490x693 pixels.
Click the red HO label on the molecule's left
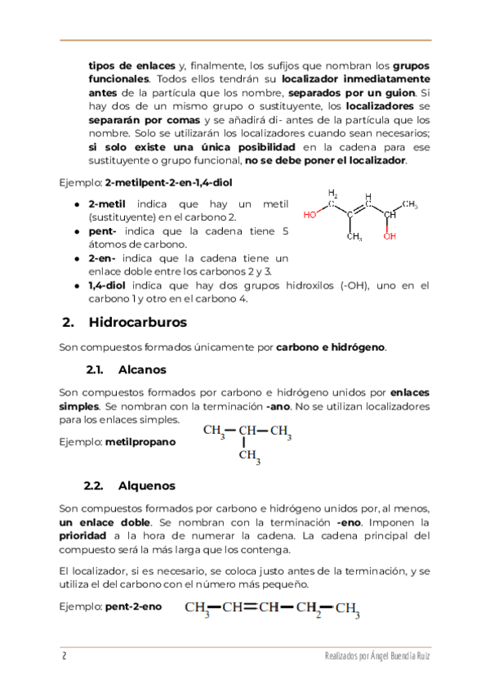point(310,215)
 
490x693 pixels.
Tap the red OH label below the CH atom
point(390,236)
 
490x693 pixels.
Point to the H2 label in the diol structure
point(333,194)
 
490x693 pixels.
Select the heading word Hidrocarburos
point(137,322)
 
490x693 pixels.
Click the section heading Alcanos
point(142,369)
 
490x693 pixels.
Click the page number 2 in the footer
point(63,658)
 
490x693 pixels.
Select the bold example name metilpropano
point(140,441)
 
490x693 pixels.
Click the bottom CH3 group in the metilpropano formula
point(249,456)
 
